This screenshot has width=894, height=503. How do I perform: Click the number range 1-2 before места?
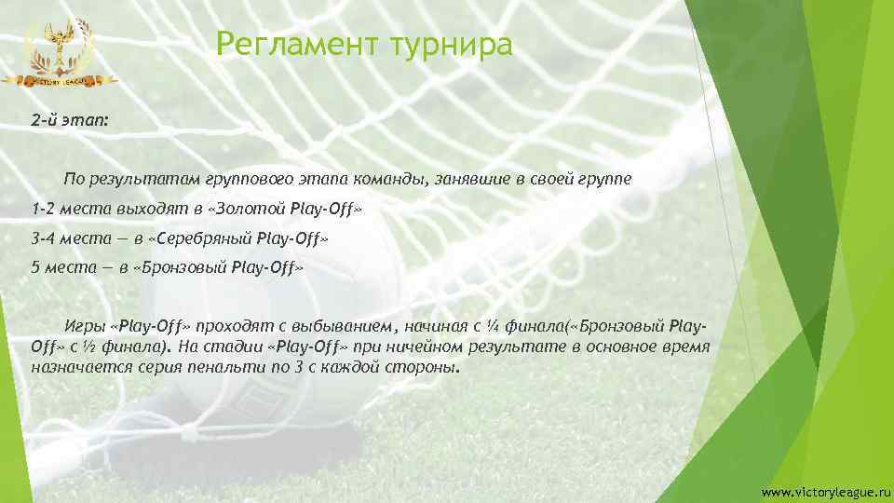tap(43, 208)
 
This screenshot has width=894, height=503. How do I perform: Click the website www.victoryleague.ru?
tap(819, 491)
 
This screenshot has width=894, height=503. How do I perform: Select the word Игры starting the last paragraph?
tap(83, 328)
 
